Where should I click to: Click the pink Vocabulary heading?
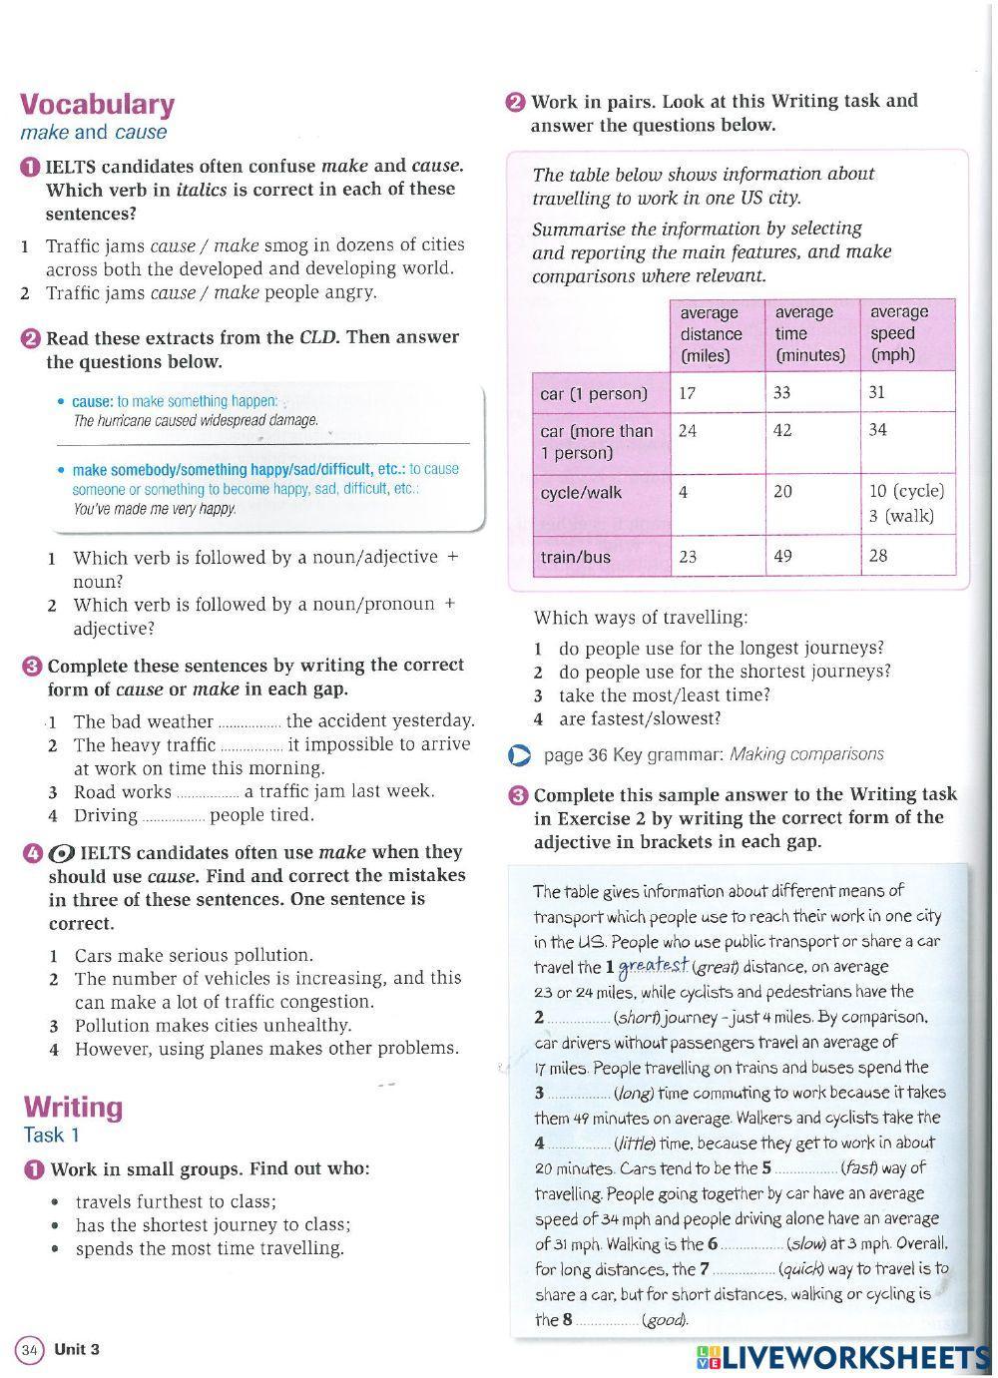(x=97, y=104)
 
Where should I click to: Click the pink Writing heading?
(x=73, y=1107)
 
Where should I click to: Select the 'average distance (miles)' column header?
(x=711, y=334)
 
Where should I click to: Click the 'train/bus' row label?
(x=575, y=557)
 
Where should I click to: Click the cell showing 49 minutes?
(x=782, y=556)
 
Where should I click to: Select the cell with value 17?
(x=688, y=393)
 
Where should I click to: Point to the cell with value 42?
(x=782, y=430)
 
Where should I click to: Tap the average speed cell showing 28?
(x=877, y=556)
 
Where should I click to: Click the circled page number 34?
(x=29, y=1350)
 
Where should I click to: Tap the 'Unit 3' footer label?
(x=77, y=1350)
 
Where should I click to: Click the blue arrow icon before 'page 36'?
(x=519, y=755)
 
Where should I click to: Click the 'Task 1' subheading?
(x=51, y=1135)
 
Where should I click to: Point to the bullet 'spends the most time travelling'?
(x=210, y=1248)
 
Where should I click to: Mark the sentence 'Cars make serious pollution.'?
(x=194, y=955)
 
